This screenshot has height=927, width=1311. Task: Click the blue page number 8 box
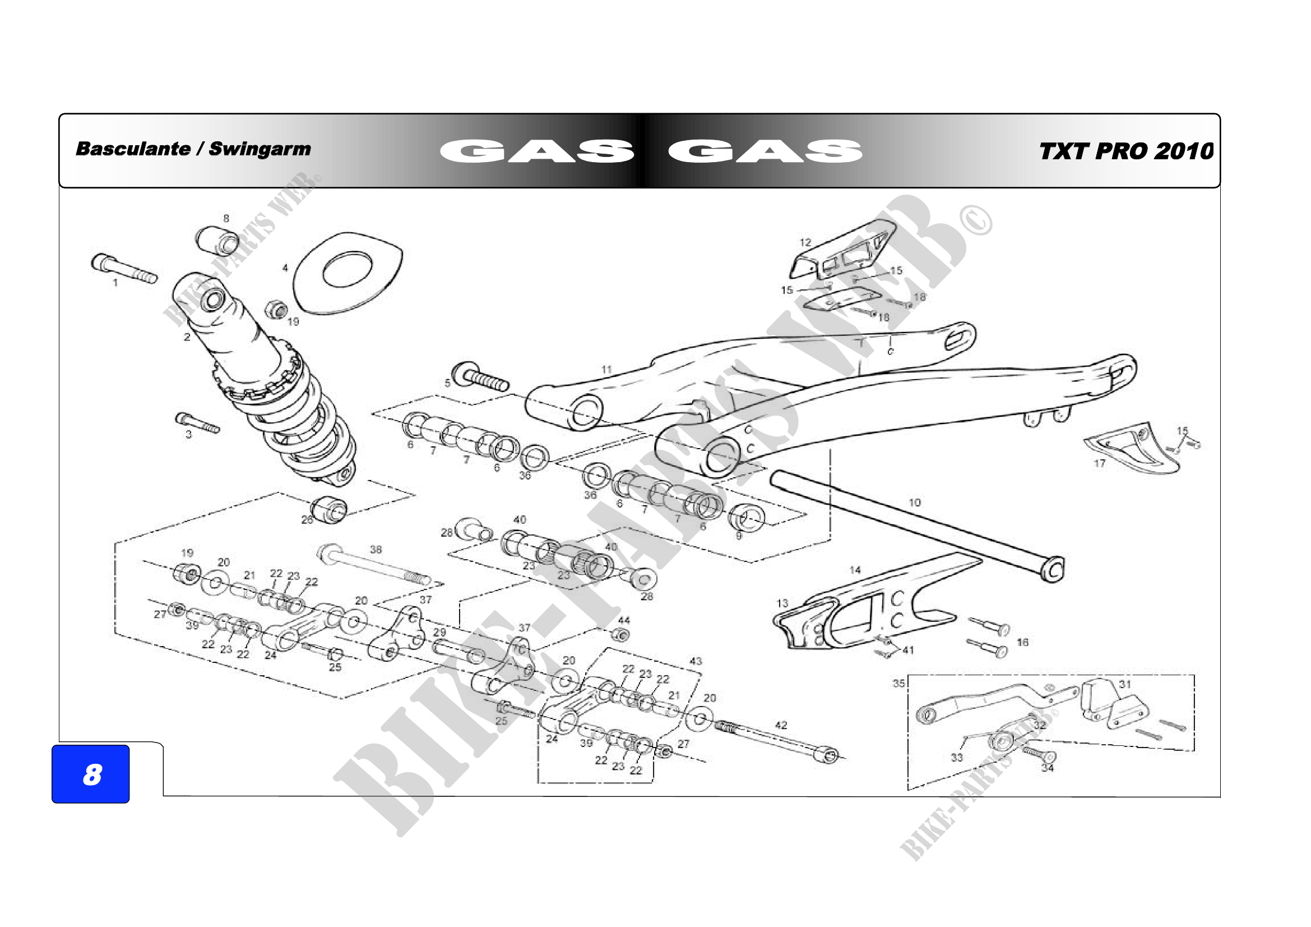(90, 774)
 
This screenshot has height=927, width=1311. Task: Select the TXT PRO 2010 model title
(1125, 151)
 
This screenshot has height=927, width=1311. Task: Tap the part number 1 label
(115, 282)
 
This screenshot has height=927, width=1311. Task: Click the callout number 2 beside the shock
(187, 337)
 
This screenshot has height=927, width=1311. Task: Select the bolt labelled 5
(480, 376)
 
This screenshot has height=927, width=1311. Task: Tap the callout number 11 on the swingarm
(606, 370)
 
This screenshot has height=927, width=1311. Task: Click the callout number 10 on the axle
(914, 502)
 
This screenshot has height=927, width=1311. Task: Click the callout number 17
(1099, 463)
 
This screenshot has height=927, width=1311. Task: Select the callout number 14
(855, 569)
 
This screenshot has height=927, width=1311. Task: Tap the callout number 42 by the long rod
(781, 725)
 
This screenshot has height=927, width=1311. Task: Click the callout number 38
(376, 550)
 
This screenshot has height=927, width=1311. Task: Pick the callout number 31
(1124, 684)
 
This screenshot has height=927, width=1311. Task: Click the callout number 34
(1047, 768)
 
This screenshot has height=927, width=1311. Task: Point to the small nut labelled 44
(622, 635)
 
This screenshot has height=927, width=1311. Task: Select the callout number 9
(738, 536)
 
